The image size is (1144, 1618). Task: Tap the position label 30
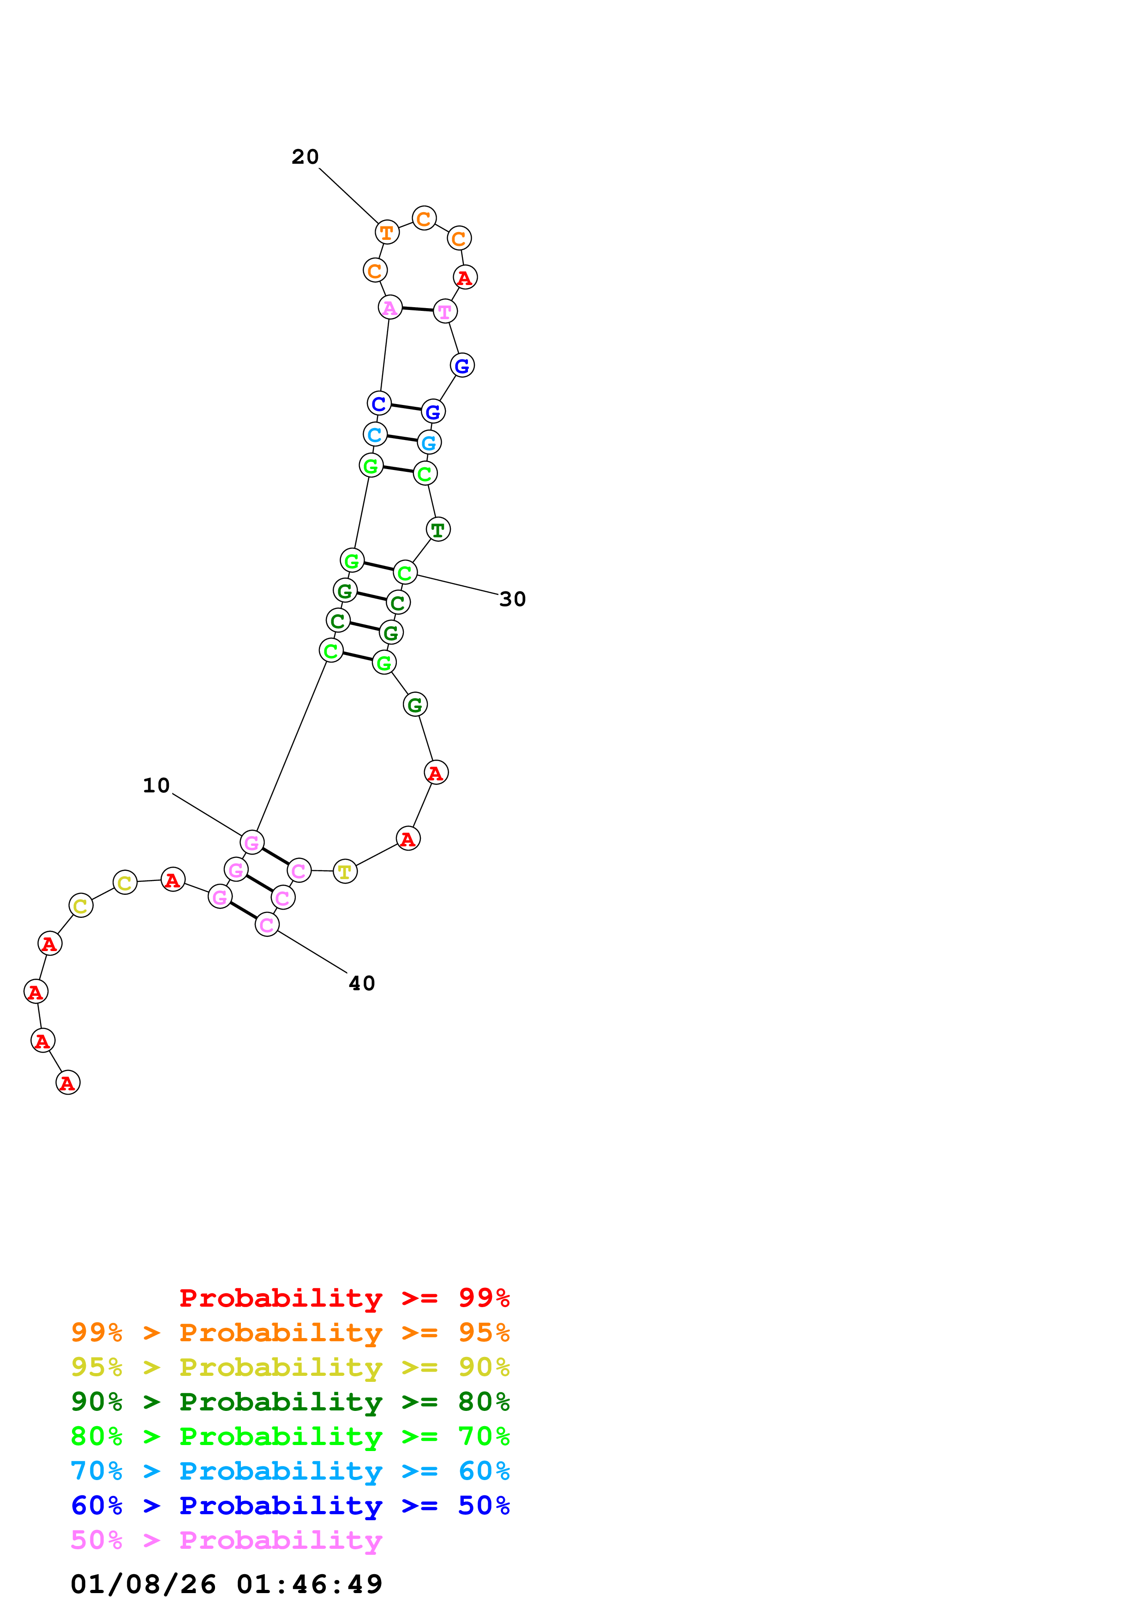click(x=512, y=599)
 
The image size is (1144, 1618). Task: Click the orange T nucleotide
click(x=387, y=232)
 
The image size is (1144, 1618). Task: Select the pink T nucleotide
click(x=445, y=311)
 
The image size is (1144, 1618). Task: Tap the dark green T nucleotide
click(x=438, y=529)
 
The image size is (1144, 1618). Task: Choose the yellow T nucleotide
click(x=345, y=872)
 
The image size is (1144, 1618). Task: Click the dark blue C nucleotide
click(x=379, y=403)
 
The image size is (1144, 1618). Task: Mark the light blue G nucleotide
click(x=429, y=443)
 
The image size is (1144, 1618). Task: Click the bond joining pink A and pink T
click(x=417, y=309)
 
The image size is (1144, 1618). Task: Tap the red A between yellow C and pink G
click(x=173, y=880)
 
